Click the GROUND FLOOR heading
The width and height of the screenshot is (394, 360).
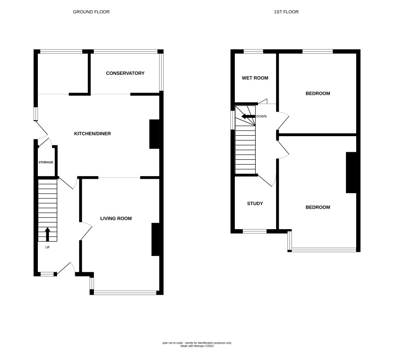[x=91, y=12]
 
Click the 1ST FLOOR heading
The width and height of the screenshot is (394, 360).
[x=286, y=12]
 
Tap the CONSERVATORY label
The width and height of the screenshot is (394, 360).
[x=125, y=73]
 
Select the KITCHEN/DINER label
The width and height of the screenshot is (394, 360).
[x=92, y=133]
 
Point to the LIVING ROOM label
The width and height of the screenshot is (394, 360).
[x=116, y=218]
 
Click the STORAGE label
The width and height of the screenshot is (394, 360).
[x=46, y=162]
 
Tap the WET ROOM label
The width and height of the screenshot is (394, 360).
[x=255, y=78]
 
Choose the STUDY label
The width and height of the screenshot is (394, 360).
[x=255, y=203]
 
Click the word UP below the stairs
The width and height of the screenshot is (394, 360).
[x=48, y=247]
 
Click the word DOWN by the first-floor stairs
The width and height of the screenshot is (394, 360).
[x=261, y=117]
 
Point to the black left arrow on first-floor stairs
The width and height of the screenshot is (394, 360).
[x=248, y=117]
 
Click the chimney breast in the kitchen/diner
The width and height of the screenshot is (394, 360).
[x=155, y=134]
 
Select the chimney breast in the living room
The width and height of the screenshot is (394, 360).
[x=156, y=239]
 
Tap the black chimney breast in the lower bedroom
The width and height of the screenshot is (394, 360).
[x=351, y=173]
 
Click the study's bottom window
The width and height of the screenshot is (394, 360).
[x=254, y=231]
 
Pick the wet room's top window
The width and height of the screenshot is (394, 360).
[x=253, y=52]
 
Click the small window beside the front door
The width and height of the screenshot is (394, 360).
[x=47, y=274]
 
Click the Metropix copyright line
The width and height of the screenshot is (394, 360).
[x=197, y=346]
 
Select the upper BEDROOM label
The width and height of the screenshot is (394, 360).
[x=318, y=93]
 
